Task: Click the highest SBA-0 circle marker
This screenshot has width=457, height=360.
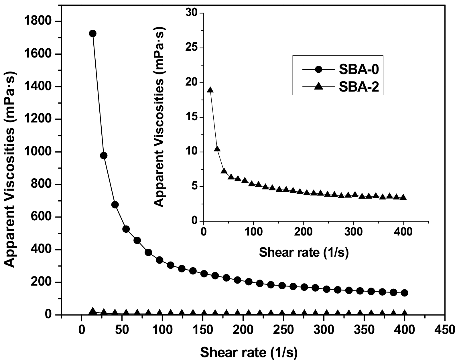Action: pyautogui.click(x=92, y=33)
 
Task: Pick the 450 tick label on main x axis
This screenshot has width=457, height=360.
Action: pyautogui.click(x=445, y=330)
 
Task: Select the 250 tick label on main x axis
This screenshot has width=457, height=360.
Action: pyautogui.click(x=283, y=330)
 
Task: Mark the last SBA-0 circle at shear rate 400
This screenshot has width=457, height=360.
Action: pyautogui.click(x=405, y=293)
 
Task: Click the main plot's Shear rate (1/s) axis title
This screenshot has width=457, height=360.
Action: pyautogui.click(x=249, y=352)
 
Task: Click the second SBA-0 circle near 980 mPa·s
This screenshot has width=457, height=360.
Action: pyautogui.click(x=104, y=156)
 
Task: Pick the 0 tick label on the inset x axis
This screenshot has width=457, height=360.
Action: pyautogui.click(x=204, y=231)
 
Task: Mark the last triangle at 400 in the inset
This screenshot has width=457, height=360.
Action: pyautogui.click(x=403, y=197)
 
